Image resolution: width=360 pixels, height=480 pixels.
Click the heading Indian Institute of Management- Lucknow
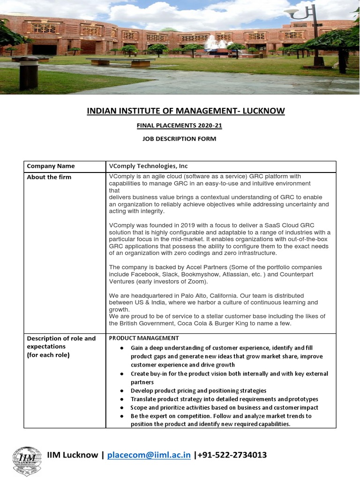[186, 111]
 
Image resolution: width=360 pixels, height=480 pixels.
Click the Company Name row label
[51, 166]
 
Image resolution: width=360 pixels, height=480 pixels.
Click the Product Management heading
[144, 338]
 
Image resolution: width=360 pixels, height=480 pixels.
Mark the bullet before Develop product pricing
[121, 391]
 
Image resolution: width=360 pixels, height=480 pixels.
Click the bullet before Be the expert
[121, 416]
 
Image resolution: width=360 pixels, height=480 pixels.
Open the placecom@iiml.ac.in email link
[149, 455]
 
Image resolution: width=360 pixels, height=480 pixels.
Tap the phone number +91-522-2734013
[232, 455]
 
